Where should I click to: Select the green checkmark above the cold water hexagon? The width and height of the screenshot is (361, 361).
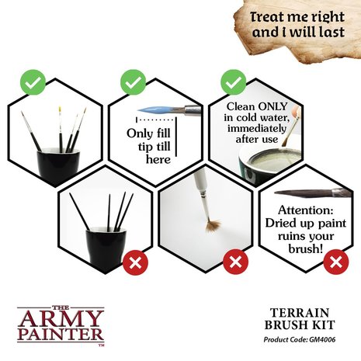point(232,82)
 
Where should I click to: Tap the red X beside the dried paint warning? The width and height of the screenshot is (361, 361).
point(335,262)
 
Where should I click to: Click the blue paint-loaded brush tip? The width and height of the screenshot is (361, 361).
point(147,111)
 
